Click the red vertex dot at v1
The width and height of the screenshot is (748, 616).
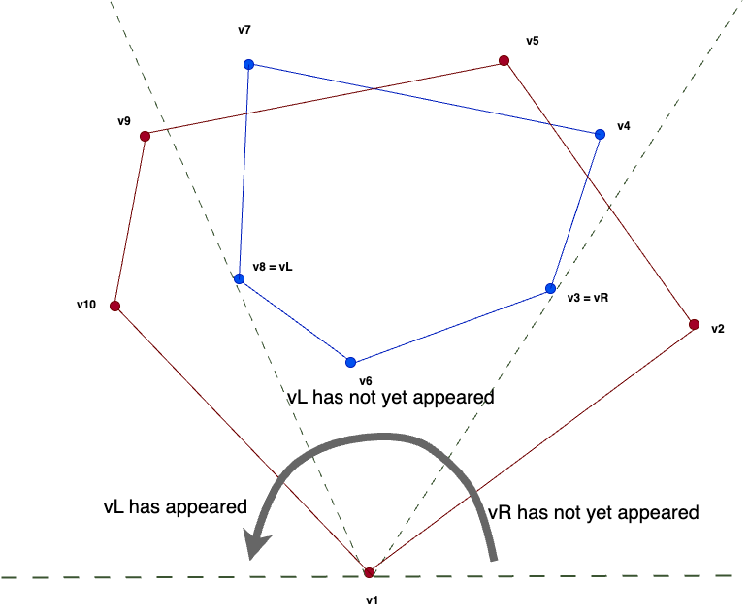[369, 573]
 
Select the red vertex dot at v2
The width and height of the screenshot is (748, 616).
[694, 324]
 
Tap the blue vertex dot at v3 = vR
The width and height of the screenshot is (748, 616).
[550, 289]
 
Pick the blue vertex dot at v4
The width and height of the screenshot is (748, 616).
[600, 134]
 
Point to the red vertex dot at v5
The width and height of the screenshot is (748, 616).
[504, 61]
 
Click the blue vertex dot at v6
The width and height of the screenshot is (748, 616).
[351, 363]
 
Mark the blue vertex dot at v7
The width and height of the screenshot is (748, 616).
[248, 65]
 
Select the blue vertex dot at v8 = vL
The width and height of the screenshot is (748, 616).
[239, 279]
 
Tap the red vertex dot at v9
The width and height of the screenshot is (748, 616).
[145, 137]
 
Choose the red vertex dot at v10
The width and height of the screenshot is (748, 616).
[114, 307]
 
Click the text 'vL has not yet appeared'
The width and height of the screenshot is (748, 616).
[391, 398]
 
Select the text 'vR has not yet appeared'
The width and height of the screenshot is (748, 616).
[593, 513]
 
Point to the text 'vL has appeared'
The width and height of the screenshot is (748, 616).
[176, 506]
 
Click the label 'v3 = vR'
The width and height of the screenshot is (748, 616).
[588, 299]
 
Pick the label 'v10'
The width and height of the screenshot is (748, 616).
[86, 305]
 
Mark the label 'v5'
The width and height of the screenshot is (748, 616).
[533, 41]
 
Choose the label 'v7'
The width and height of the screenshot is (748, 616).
[244, 30]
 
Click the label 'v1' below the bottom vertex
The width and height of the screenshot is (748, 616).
[372, 601]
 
